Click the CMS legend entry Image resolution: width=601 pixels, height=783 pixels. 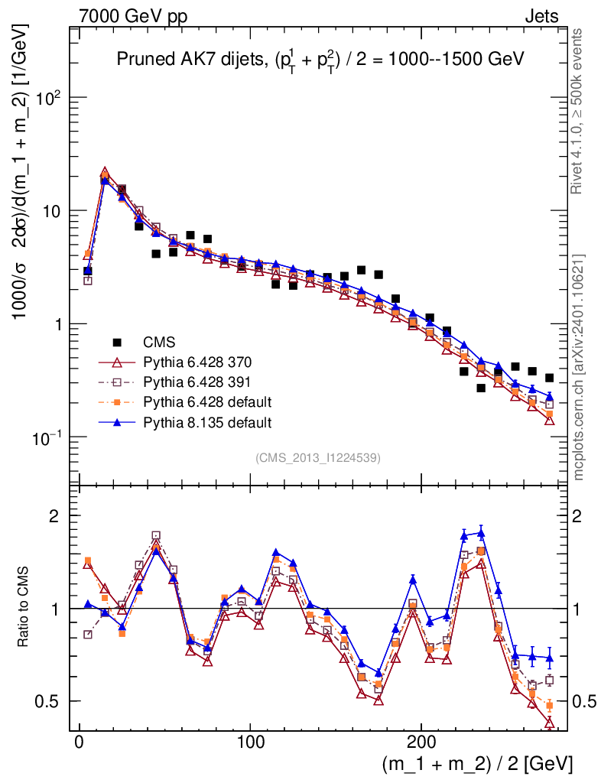point(158,341)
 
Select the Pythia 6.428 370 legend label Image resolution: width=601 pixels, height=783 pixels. point(198,362)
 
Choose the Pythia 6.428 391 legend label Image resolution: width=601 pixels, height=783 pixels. point(198,382)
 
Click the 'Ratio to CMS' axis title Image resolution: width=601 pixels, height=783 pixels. point(24,608)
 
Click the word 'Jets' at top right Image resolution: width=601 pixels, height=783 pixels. point(541,15)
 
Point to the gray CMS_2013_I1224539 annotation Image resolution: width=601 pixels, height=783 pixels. point(318,457)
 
